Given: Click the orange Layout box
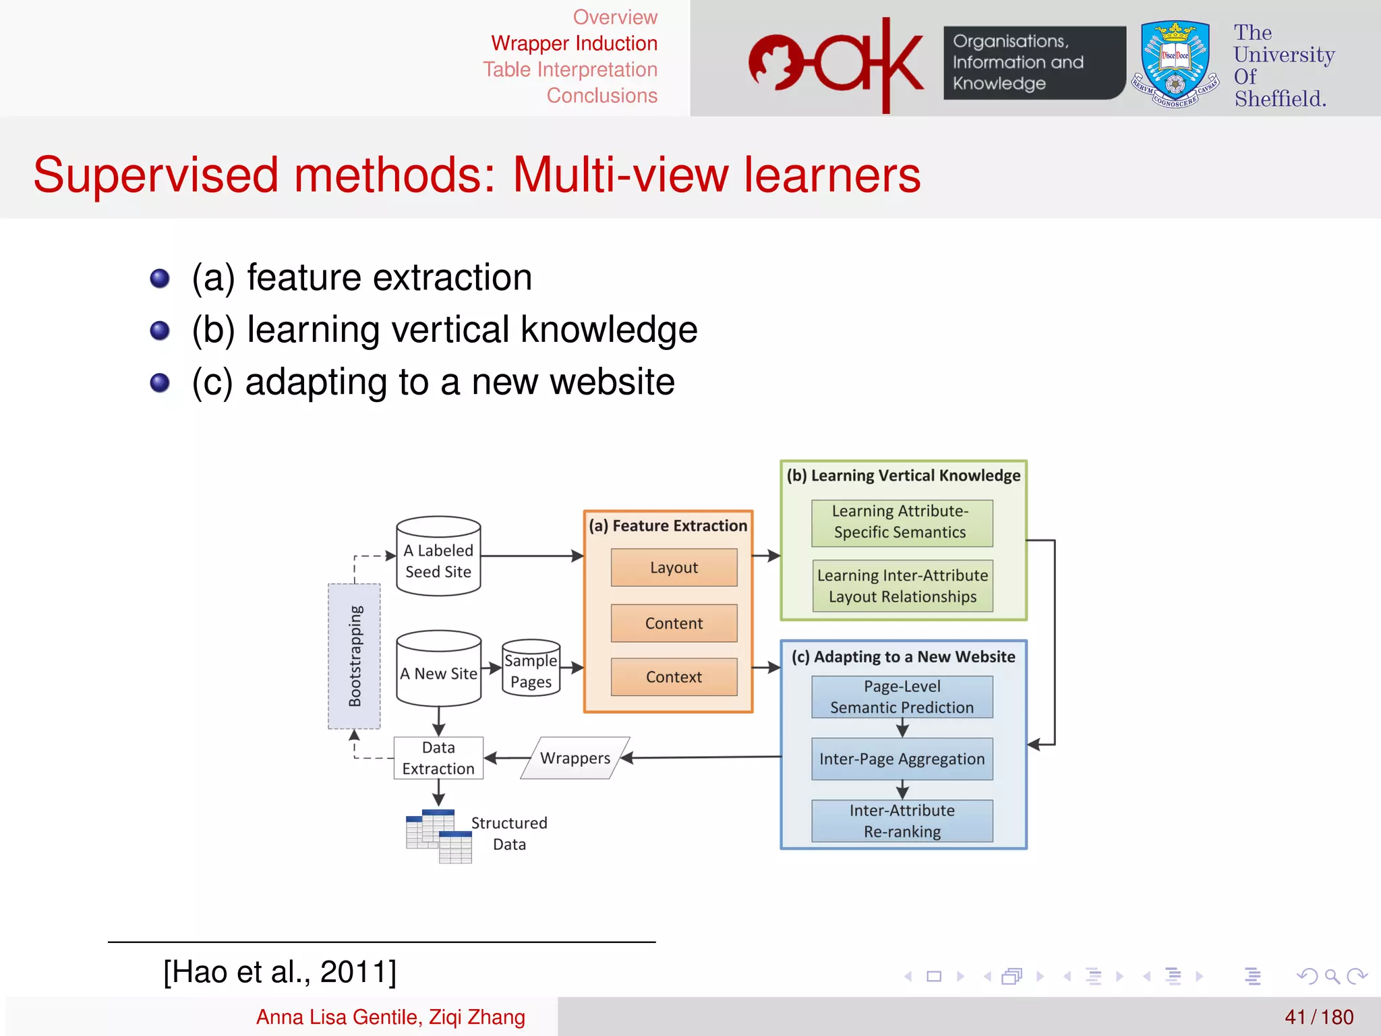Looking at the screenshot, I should [x=674, y=567].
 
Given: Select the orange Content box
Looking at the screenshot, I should [x=674, y=623].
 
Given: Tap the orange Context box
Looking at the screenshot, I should [x=674, y=677].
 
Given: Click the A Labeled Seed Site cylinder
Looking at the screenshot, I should [x=438, y=557].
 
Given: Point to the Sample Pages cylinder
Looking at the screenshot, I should [x=531, y=669].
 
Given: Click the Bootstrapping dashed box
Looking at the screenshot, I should [x=354, y=656].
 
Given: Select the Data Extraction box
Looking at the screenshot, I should [x=438, y=758].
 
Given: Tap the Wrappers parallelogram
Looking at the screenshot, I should [x=575, y=758].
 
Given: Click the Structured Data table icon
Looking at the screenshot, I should [x=439, y=836].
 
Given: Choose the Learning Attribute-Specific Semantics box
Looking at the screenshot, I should [x=902, y=523].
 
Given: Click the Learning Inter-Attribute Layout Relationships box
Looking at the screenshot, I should [x=902, y=585].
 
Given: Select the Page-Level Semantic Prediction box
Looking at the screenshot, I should [x=902, y=697].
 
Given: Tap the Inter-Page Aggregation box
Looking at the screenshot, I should [x=902, y=759].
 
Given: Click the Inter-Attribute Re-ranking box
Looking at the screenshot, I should [x=902, y=821].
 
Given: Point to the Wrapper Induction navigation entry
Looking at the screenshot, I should [x=574, y=43].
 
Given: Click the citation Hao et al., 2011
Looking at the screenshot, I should [x=280, y=972].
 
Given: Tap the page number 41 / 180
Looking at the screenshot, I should [x=1318, y=1017].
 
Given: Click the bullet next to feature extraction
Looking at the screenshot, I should [x=160, y=278].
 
